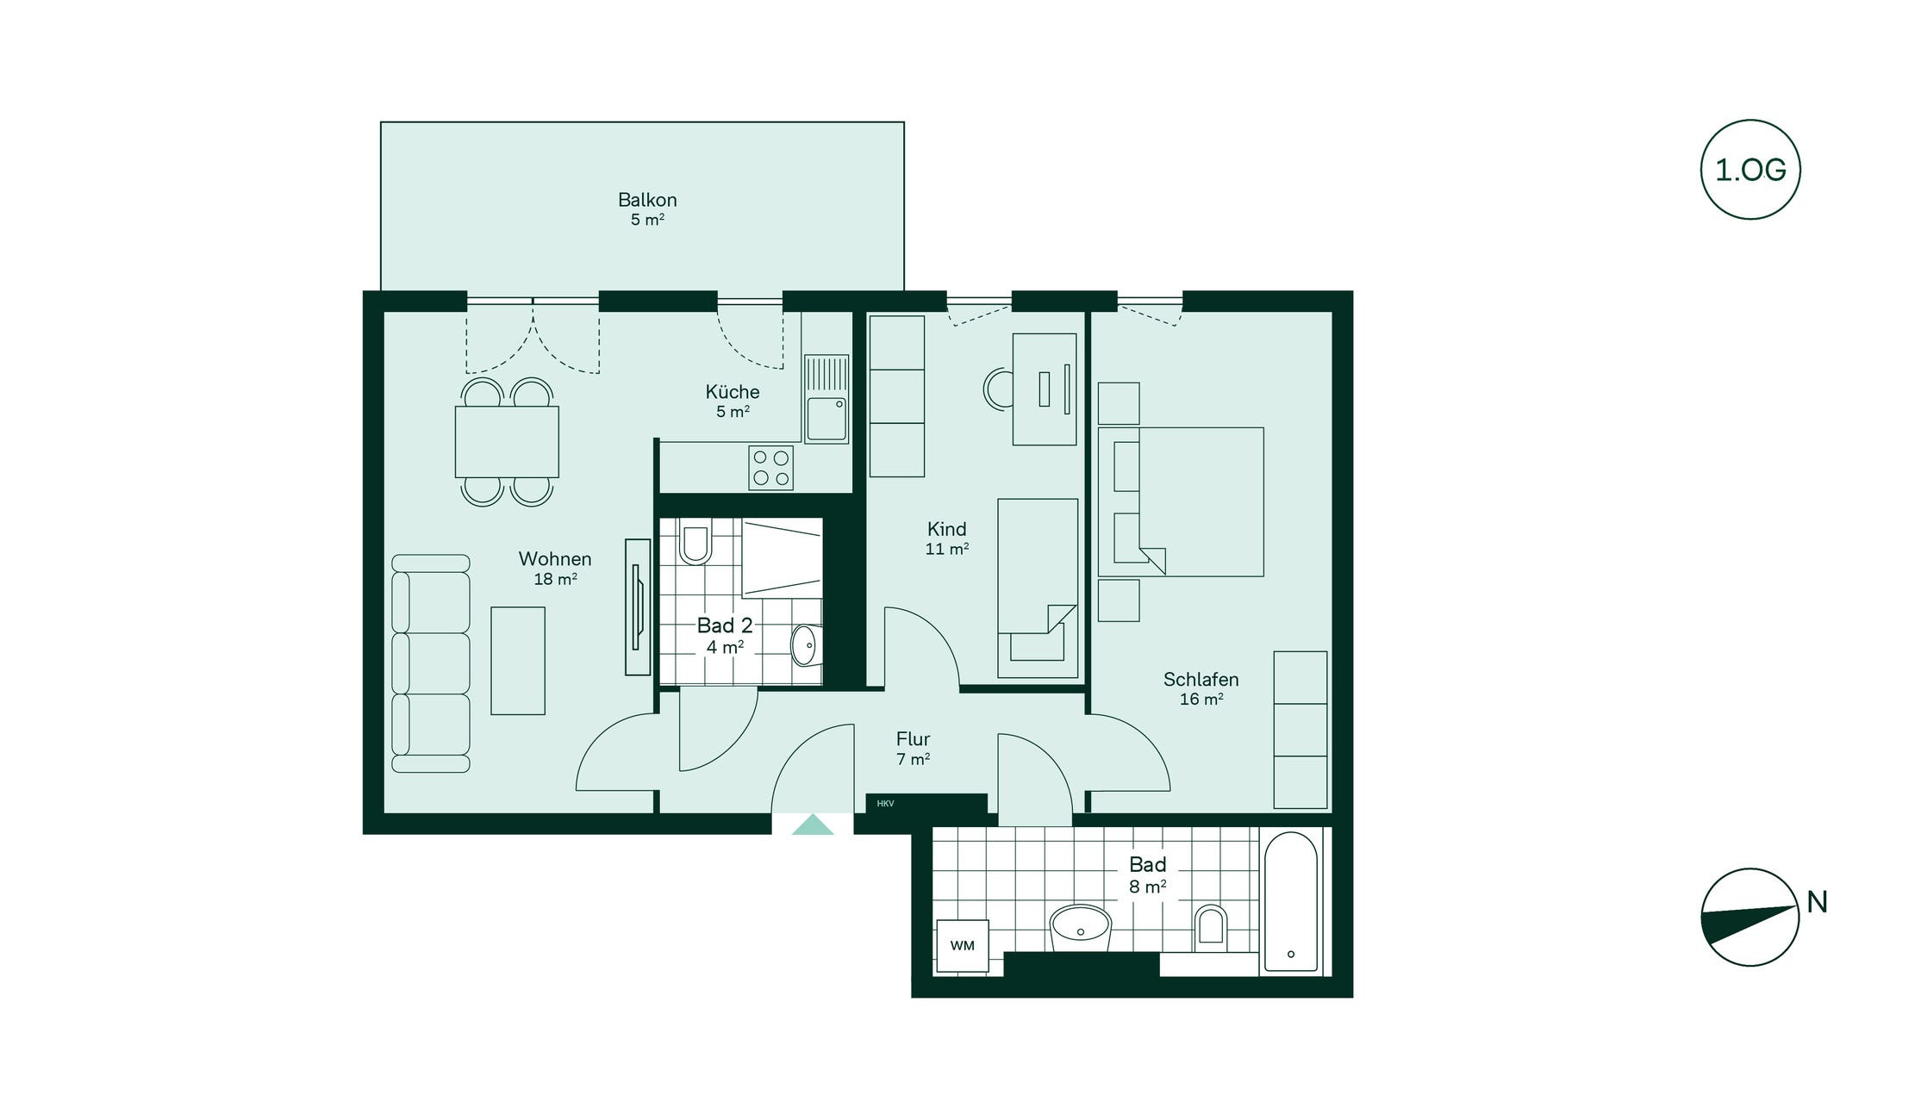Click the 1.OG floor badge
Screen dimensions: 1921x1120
pos(1750,169)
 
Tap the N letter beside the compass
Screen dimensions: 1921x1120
pos(1817,902)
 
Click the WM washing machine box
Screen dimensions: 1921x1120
pos(962,946)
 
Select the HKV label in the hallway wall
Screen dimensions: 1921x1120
pos(885,804)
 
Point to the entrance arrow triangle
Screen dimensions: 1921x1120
pos(813,824)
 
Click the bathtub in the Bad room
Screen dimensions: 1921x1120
pos(1290,901)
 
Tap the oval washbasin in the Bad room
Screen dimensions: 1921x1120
pos(1081,927)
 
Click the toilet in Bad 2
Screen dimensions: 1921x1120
pos(695,542)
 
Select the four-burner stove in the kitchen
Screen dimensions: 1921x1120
pos(770,468)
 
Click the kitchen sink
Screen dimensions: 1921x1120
pos(826,400)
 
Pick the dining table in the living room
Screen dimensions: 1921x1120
pos(507,442)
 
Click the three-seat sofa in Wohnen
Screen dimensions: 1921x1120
pos(430,663)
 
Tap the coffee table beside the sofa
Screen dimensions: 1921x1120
pos(518,661)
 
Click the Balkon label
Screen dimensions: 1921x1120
pos(647,200)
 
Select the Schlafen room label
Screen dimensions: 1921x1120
pos(1201,679)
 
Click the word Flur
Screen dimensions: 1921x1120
pos(913,739)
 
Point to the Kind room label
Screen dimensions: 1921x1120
pos(946,529)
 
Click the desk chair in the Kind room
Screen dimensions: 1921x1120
pos(998,389)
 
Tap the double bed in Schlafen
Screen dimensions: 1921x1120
pos(1181,502)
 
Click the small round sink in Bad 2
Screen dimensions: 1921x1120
pos(803,645)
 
